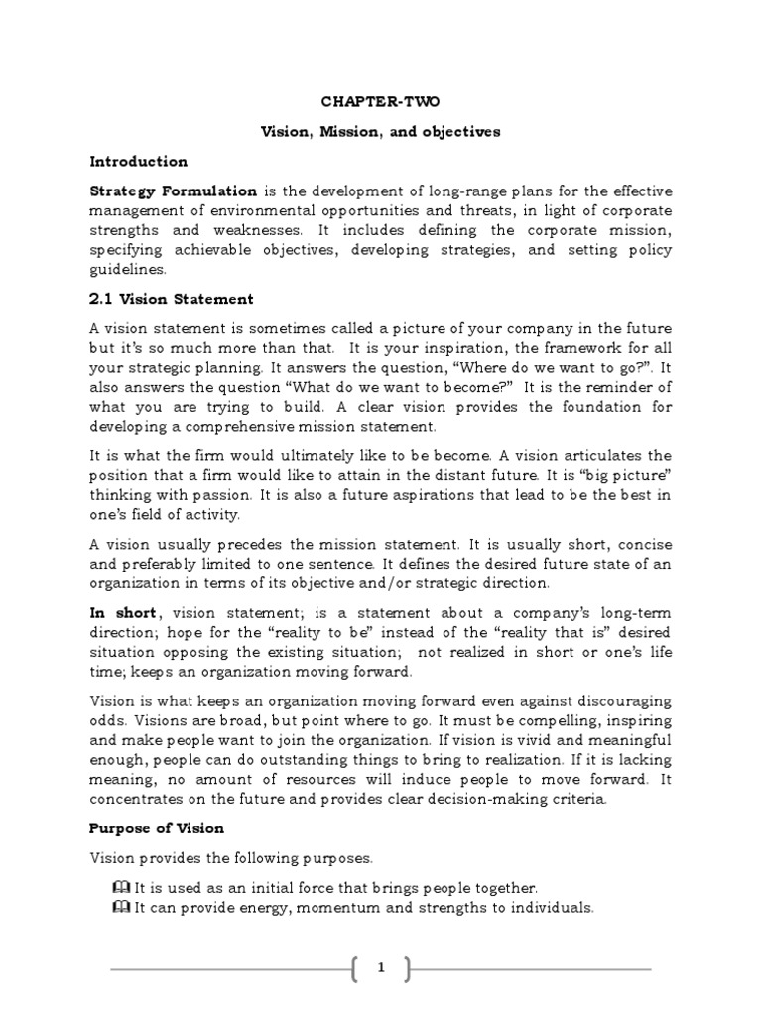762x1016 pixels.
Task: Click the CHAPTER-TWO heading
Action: [x=381, y=101]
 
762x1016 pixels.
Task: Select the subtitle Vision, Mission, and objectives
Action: [x=381, y=131]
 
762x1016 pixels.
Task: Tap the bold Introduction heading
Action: [x=138, y=161]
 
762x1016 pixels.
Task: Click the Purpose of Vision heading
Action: [x=157, y=827]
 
